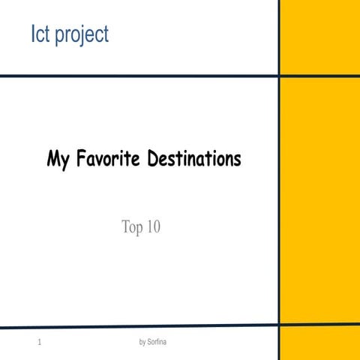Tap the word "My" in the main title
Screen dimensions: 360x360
(x=58, y=160)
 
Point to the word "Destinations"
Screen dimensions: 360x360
(x=198, y=160)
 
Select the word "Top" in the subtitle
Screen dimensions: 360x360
(x=133, y=226)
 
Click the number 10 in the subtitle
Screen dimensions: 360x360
(x=154, y=226)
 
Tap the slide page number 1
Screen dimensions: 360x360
(x=37, y=343)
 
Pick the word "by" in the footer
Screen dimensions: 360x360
(x=143, y=343)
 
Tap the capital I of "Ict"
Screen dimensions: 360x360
(x=31, y=34)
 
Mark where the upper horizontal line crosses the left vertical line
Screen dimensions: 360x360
(x=279, y=76)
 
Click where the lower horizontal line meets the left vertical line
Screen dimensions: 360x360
(x=278, y=326)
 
